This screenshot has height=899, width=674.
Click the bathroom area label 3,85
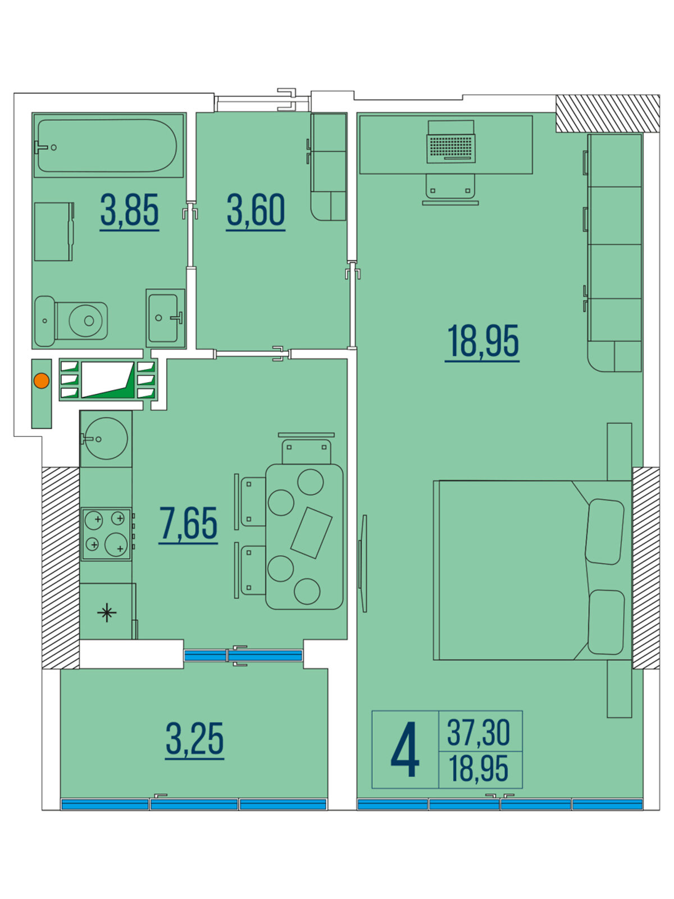[x=129, y=211]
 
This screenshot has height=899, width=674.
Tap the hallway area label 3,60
[x=256, y=211]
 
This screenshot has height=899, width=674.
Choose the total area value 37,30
[x=479, y=733]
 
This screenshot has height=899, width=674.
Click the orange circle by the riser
[x=42, y=381]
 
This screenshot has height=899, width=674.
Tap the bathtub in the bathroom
[x=107, y=146]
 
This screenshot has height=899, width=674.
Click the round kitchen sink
[x=106, y=438]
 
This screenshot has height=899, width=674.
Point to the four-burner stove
[x=106, y=534]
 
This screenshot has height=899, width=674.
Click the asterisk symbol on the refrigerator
[x=107, y=612]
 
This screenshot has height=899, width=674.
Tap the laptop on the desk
[x=450, y=142]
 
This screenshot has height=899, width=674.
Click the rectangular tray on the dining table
[x=311, y=533]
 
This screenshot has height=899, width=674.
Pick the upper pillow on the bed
[x=604, y=532]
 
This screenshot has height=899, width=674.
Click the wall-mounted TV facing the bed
[x=363, y=564]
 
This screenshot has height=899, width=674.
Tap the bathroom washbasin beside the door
[x=165, y=318]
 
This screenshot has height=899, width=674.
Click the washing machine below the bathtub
[x=54, y=231]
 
